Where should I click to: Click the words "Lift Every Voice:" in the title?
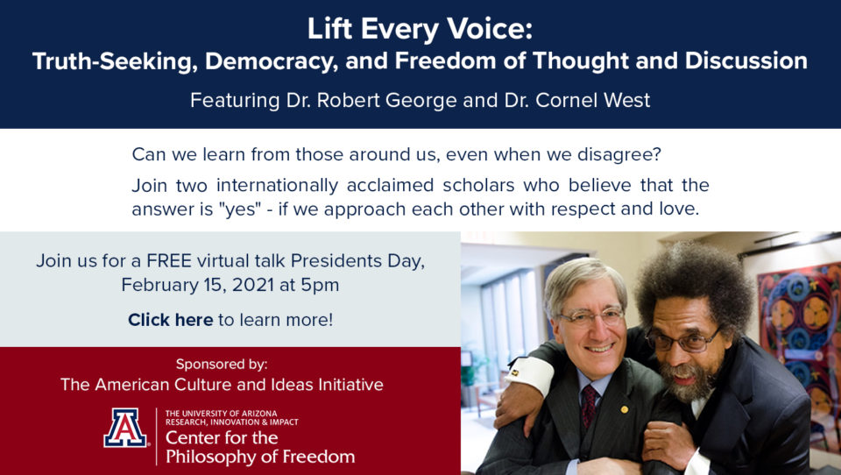click(420, 30)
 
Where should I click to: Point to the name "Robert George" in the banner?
click(379, 101)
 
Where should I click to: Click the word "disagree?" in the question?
click(619, 154)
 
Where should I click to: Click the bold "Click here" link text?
click(171, 320)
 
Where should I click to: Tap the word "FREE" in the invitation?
click(169, 261)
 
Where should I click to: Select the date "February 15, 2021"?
click(197, 285)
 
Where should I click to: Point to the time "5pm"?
click(320, 285)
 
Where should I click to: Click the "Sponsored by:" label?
click(222, 365)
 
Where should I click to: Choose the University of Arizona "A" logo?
click(125, 428)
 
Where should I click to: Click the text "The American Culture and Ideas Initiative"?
click(222, 385)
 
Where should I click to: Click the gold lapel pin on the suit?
click(625, 409)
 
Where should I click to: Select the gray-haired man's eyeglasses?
click(591, 316)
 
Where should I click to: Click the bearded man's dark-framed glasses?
click(682, 340)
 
